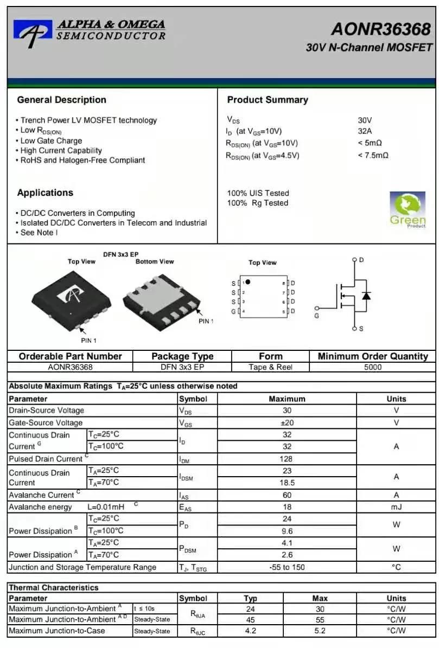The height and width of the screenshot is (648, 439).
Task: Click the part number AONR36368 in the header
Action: (381, 29)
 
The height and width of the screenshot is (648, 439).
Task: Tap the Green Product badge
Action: (408, 209)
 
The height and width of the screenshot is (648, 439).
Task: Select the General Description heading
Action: (61, 100)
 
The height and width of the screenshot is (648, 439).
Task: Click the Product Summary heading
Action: (267, 100)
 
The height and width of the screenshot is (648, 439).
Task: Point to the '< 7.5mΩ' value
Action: (373, 156)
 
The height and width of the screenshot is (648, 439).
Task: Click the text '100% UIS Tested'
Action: (258, 193)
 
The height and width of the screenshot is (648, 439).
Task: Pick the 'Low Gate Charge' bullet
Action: (51, 140)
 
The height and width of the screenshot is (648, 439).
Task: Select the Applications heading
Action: (45, 193)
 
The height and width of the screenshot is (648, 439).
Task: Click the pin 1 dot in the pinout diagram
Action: (248, 282)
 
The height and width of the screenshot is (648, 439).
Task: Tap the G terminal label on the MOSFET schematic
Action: (317, 316)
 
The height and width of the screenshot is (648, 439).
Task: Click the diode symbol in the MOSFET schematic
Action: (366, 296)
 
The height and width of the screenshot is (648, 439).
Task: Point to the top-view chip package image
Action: (72, 296)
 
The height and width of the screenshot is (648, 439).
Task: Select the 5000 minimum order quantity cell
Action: (372, 367)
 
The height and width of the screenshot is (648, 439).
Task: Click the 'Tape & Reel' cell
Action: (270, 367)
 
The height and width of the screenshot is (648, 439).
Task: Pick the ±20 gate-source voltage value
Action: (287, 423)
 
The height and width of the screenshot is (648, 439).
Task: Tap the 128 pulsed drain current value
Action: (287, 459)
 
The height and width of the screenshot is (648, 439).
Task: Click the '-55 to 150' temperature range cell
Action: (287, 567)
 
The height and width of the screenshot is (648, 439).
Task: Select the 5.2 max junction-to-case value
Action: (320, 631)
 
